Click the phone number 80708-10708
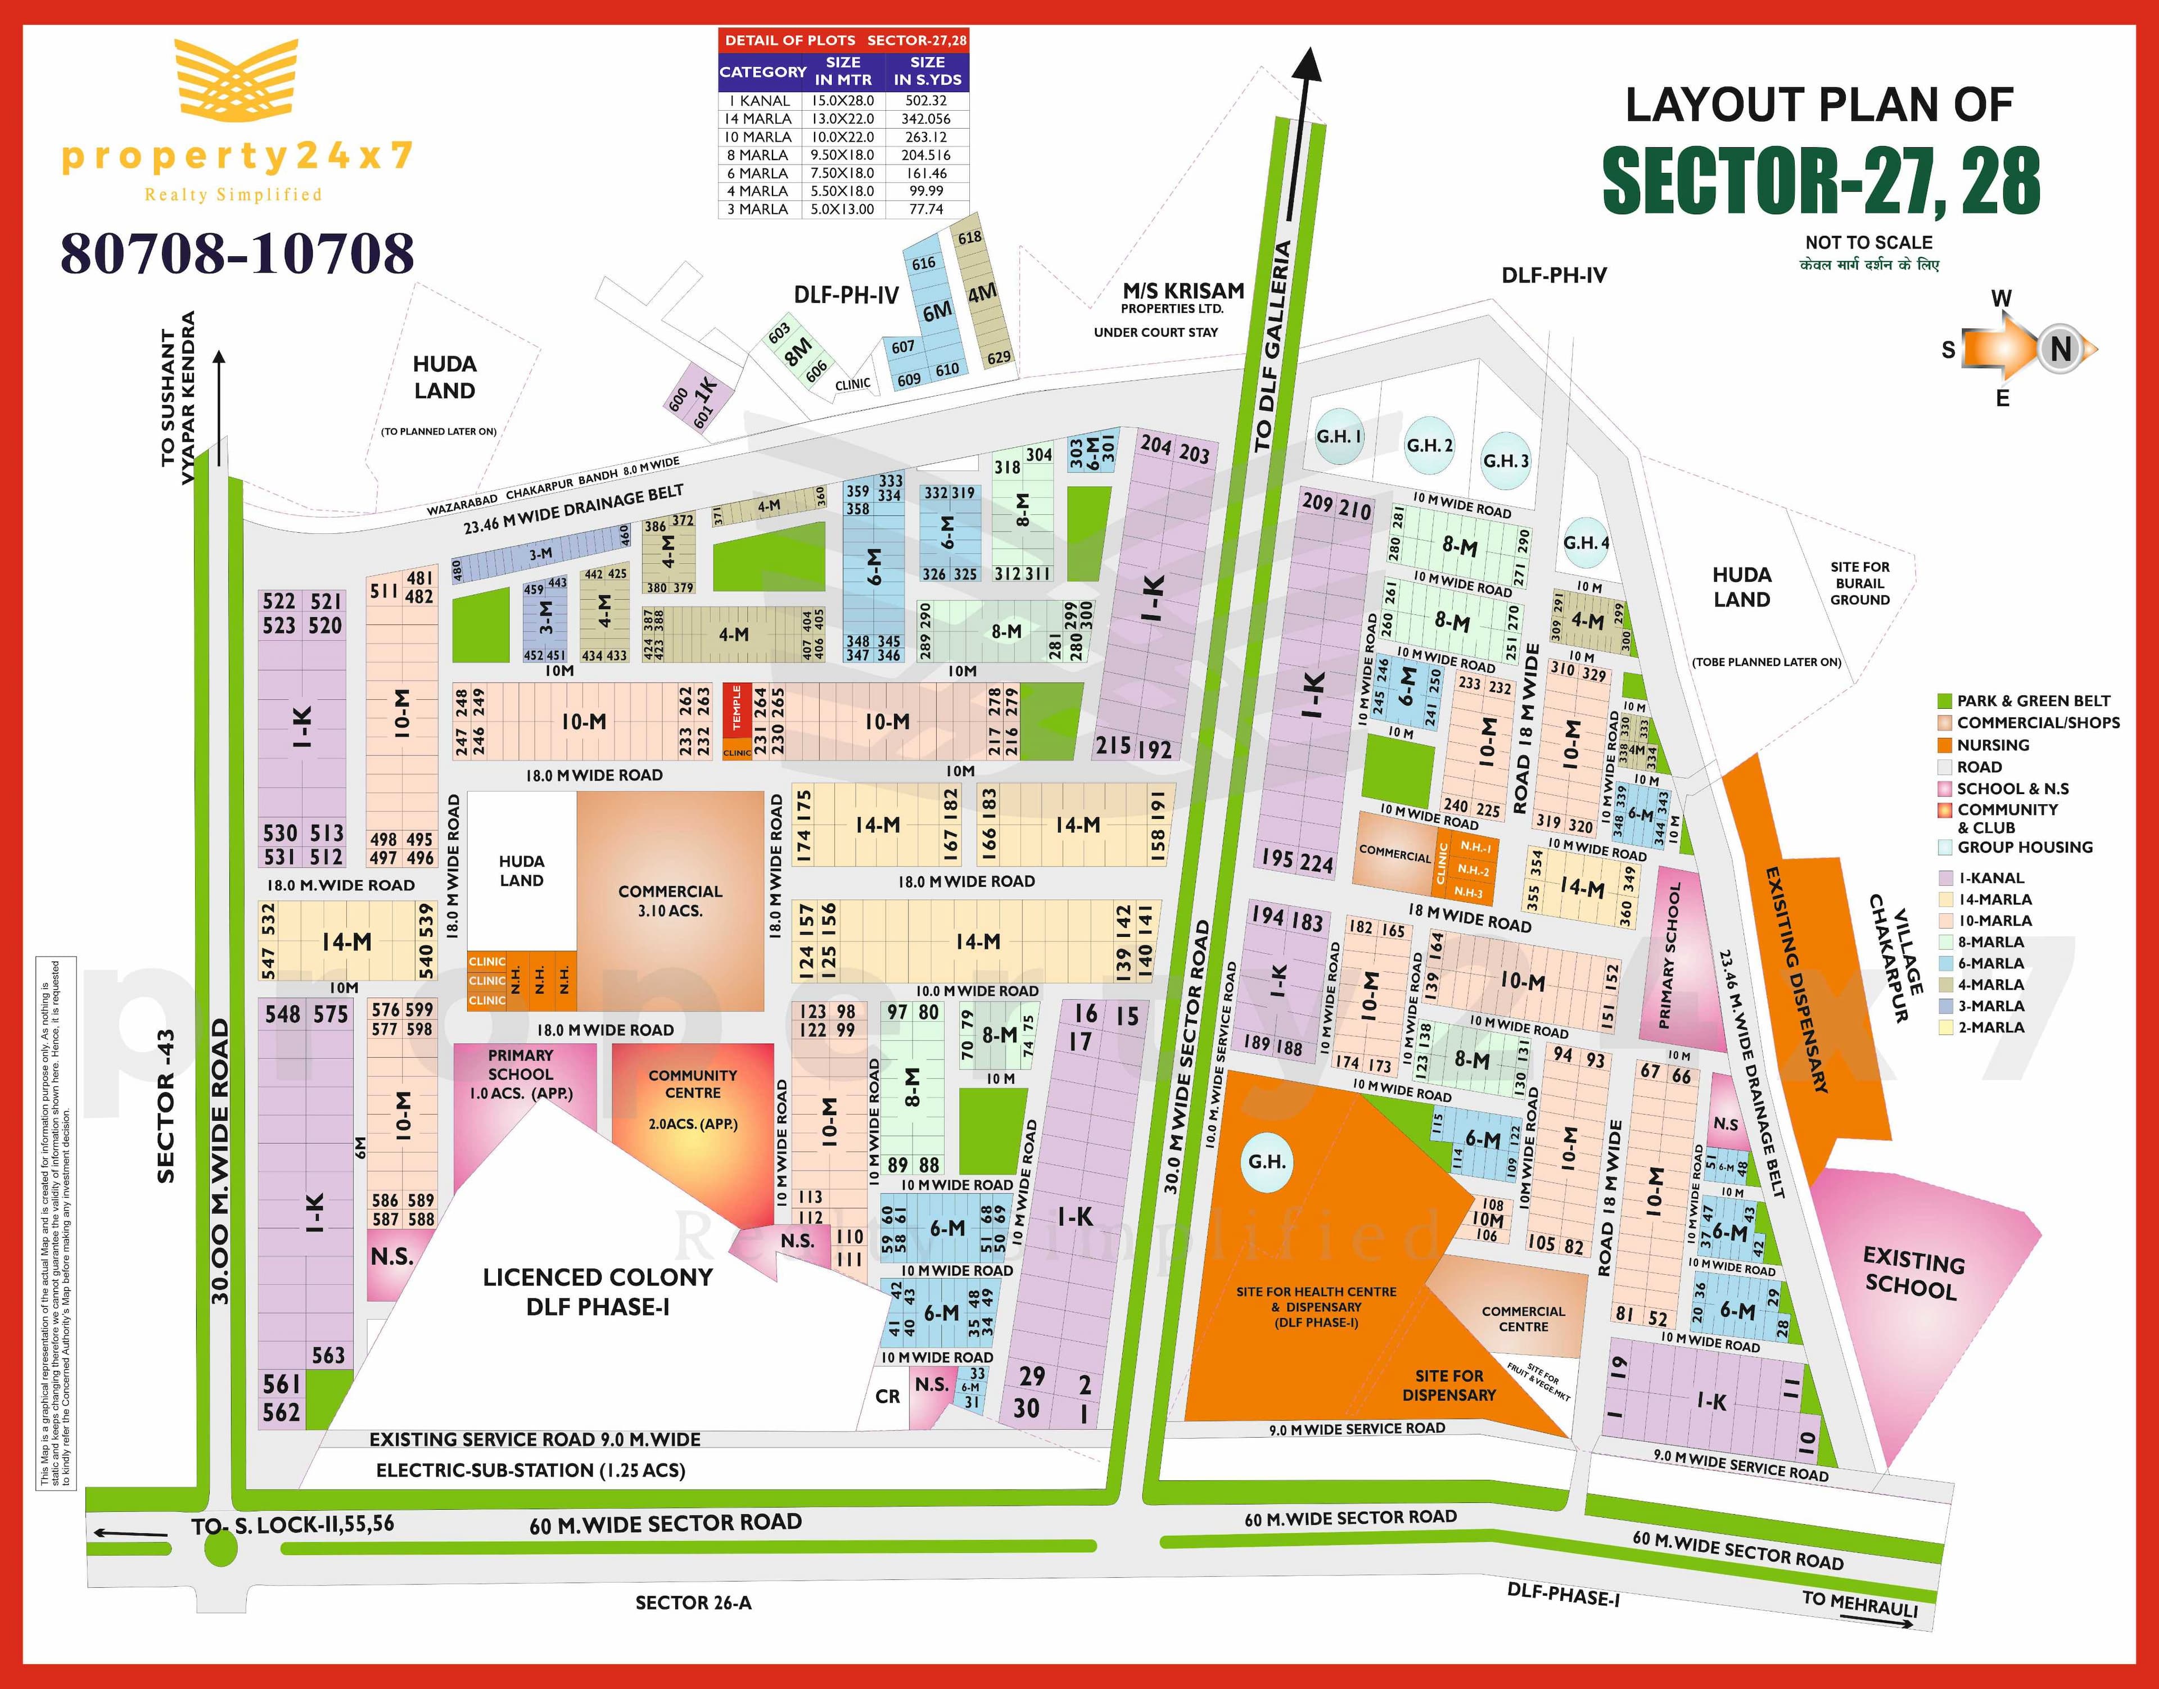[237, 254]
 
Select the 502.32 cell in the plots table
[925, 101]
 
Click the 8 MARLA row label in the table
[757, 155]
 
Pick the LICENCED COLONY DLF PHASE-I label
[597, 1292]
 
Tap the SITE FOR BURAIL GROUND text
[1859, 583]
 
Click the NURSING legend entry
[1992, 745]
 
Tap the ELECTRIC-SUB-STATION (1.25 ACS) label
[530, 1470]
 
